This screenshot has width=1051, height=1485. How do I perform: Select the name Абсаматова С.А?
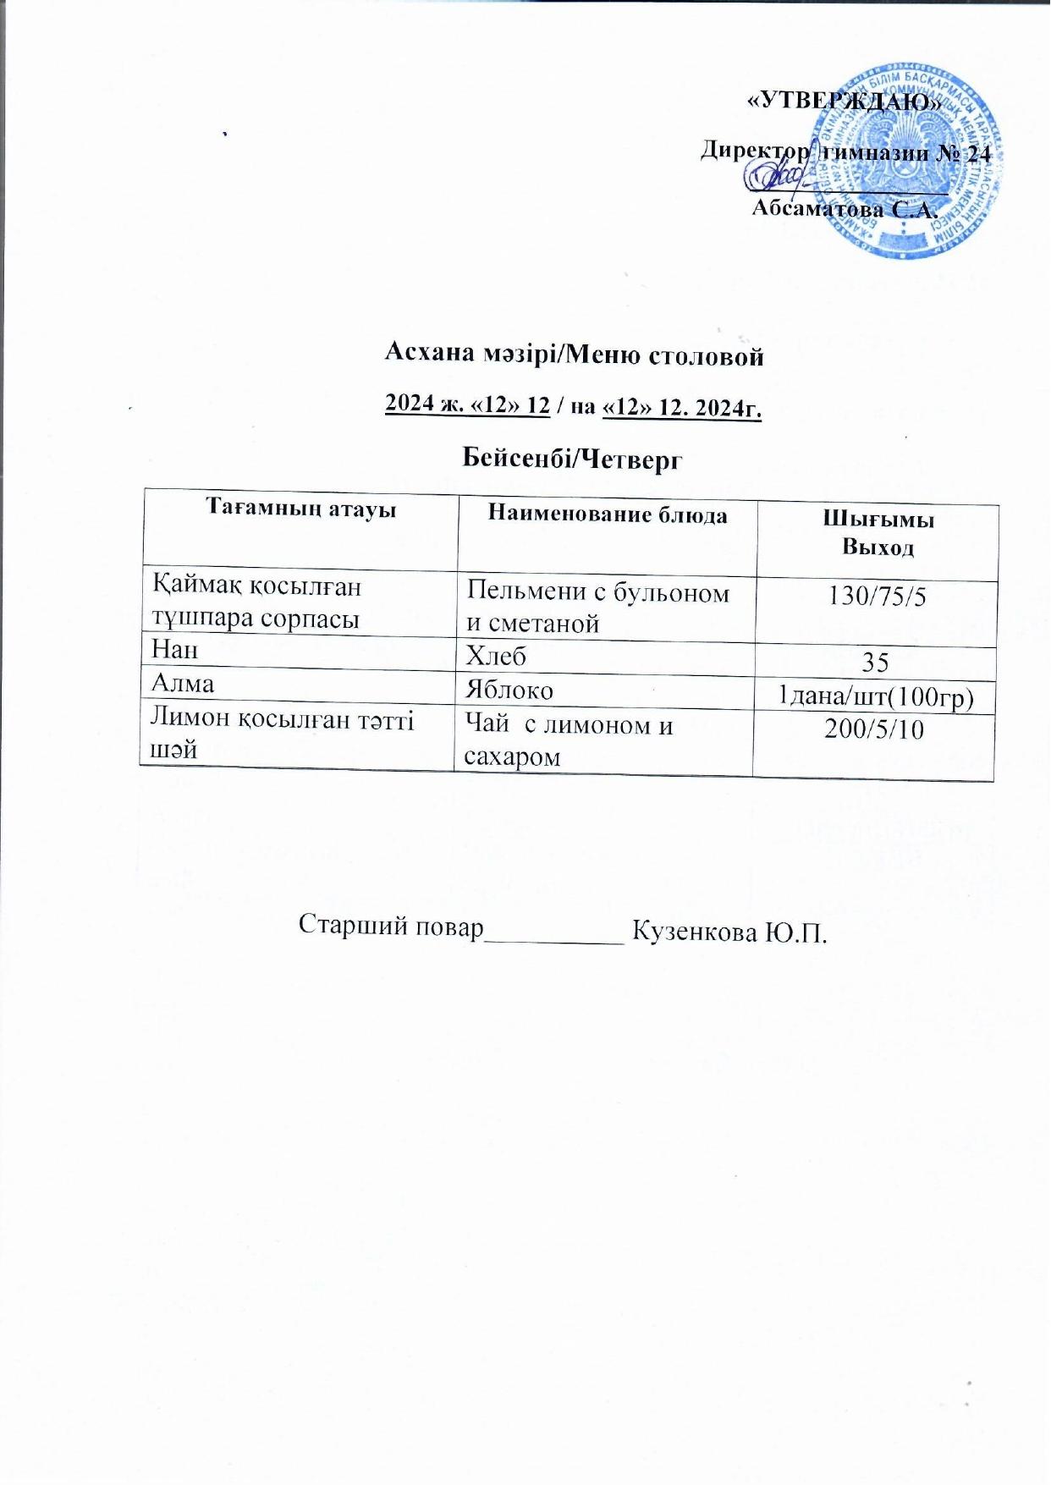coord(846,208)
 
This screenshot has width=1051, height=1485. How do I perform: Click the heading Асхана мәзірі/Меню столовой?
coord(575,355)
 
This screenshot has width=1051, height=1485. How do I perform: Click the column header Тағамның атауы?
coord(301,509)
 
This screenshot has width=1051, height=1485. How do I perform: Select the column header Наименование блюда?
coord(608,514)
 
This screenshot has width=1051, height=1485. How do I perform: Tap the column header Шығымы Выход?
coord(878,534)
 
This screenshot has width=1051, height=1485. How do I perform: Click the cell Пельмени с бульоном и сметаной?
coord(598,608)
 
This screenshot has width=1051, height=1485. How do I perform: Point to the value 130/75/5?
coord(878,597)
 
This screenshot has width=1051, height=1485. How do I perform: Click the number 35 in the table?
coord(875,660)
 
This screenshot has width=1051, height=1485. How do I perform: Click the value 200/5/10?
coord(874,729)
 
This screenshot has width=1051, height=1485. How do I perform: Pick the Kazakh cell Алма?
coord(182,683)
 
